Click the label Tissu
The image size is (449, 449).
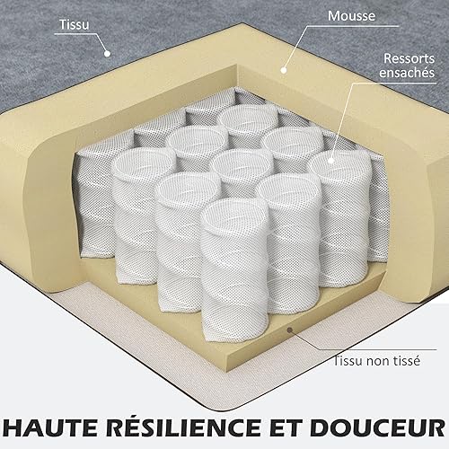coord(75,24)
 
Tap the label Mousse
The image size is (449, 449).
coord(351,16)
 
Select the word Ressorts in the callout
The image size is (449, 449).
coord(409,58)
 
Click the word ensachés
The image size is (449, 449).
coord(407,73)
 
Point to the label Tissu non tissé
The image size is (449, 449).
coord(377,361)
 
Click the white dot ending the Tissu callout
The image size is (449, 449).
coord(107,54)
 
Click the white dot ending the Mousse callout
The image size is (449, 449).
coord(284,70)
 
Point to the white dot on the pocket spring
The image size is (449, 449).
coord(330,161)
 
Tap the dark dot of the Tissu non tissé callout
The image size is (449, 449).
coord(289,330)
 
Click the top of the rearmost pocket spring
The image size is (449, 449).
coord(248,119)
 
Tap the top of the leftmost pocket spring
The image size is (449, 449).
coord(143,163)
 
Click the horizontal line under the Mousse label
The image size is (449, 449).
coord(353,26)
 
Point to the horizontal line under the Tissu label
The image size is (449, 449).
coord(75,34)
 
